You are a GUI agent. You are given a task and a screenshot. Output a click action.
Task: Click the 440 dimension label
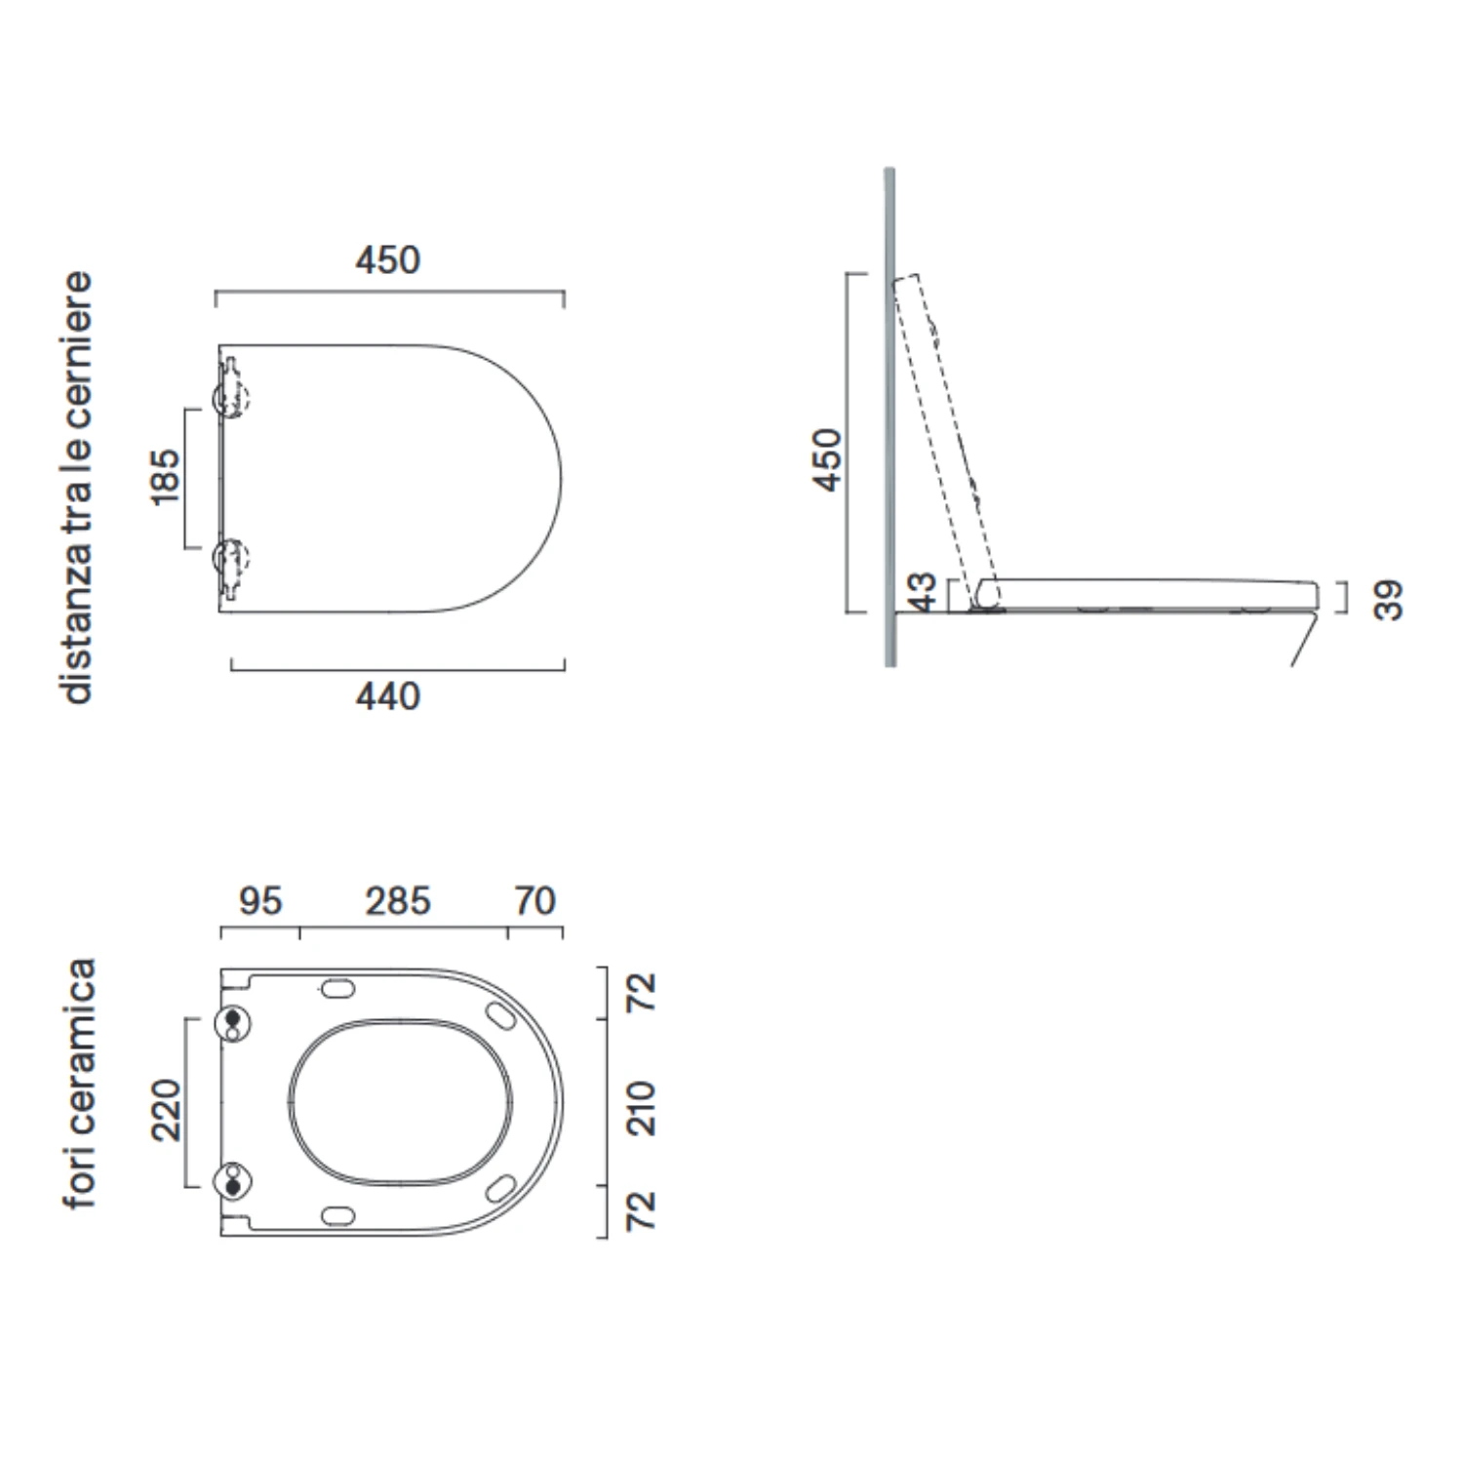pos(388,696)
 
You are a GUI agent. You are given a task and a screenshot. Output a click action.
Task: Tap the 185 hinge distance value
pos(166,477)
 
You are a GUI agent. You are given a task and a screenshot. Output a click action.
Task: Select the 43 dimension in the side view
pos(922,593)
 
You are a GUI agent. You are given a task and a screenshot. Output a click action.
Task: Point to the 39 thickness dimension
pos(1388,599)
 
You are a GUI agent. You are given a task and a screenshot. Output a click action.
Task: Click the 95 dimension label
pos(260,901)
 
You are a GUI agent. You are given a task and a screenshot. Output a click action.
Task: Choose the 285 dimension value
pos(398,901)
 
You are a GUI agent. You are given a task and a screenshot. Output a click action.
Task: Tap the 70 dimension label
pos(534,901)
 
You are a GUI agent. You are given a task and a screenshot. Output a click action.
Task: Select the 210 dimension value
pos(641,1108)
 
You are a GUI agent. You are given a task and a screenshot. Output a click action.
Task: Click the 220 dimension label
pos(166,1110)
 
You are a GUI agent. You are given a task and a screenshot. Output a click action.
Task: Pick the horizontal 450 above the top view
pos(388,260)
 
